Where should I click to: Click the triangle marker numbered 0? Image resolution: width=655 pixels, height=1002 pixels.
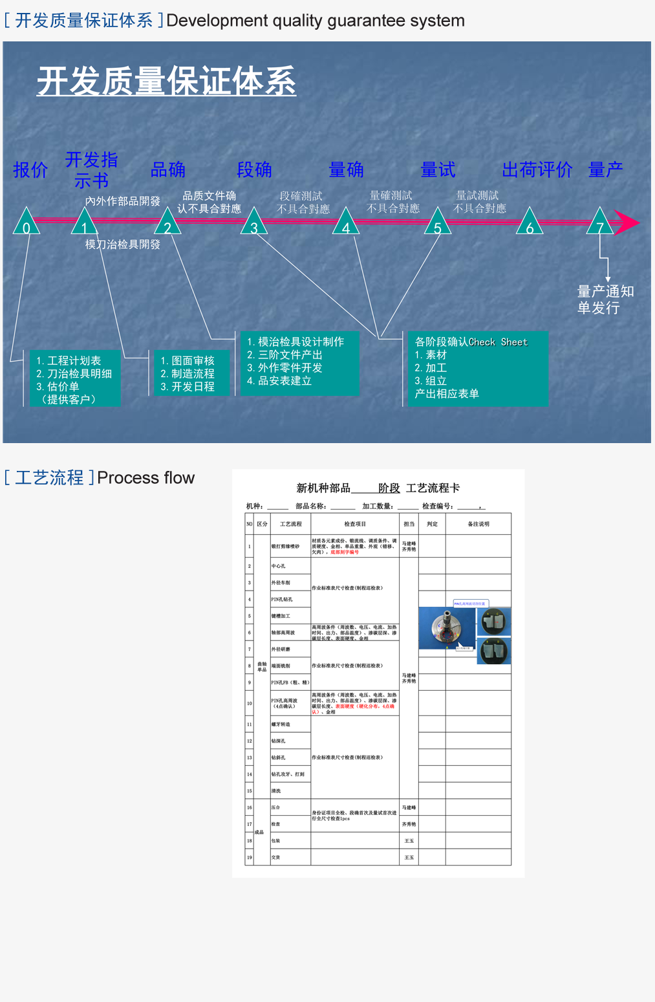[27, 223]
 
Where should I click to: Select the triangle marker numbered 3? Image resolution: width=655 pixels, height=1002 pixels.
[254, 223]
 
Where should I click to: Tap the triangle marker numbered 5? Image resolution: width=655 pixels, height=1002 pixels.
[438, 223]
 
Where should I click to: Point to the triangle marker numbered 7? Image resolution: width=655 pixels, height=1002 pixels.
[600, 223]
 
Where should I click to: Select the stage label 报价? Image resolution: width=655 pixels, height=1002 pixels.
[30, 170]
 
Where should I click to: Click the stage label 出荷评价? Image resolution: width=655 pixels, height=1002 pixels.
[537, 170]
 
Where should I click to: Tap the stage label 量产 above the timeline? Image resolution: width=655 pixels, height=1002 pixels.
[606, 170]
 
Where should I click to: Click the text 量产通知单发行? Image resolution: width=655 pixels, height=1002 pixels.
[605, 300]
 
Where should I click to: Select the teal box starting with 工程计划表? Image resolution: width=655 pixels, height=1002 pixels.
[75, 379]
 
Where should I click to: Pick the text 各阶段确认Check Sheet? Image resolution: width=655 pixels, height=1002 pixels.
[471, 342]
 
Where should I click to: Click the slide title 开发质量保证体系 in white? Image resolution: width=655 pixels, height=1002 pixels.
[166, 82]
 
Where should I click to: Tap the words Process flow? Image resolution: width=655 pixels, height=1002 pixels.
[145, 478]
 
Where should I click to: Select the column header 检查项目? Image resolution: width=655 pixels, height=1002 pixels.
[355, 524]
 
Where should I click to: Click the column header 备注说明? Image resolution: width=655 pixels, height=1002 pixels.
[478, 524]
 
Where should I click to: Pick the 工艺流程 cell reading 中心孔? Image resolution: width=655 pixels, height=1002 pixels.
[279, 566]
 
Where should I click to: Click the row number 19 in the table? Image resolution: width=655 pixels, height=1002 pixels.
[249, 857]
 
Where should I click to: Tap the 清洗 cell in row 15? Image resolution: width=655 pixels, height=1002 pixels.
[277, 790]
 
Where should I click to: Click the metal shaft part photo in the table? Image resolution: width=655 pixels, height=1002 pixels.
[447, 627]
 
